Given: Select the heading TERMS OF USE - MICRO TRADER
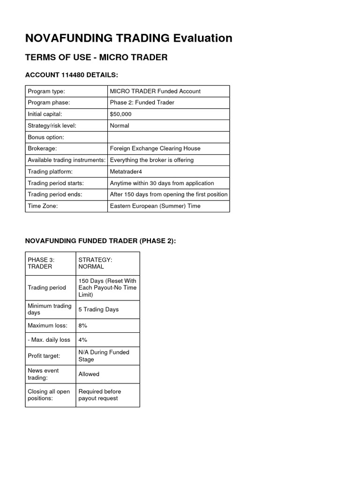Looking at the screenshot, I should pos(96,57).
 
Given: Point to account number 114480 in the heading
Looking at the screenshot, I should pos(69,75).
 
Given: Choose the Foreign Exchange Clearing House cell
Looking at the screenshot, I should pos(155,149).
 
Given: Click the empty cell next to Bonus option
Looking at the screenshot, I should pos(168,137).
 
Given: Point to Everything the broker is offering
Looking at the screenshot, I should pos(151,160).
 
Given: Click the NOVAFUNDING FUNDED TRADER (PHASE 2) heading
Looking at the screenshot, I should pos(100,241).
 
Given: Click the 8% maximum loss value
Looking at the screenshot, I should pos(83,325).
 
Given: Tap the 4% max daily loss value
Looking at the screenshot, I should pos(83,340).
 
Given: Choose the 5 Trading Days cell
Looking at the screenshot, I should pos(98,309).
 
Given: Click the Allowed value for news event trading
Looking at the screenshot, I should pos(89,374).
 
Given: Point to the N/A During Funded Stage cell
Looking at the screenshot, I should pos(103,356).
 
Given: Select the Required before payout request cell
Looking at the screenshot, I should pos(99,395).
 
